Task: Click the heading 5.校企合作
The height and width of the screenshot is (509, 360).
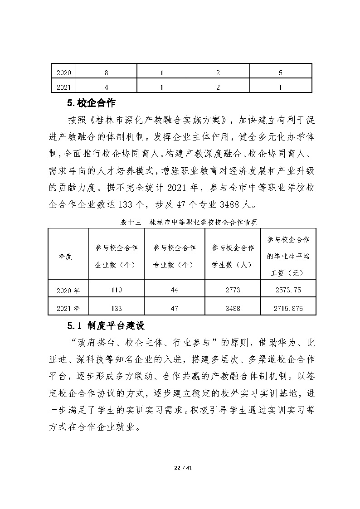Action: [94, 103]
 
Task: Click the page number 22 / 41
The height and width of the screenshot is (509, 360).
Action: [180, 466]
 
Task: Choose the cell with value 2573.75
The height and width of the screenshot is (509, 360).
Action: [288, 290]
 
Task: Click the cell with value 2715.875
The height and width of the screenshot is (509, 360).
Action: [288, 308]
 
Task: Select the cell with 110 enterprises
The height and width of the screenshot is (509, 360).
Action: [116, 290]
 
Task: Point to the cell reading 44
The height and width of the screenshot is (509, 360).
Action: [174, 290]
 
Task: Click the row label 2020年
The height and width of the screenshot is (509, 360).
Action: [68, 291]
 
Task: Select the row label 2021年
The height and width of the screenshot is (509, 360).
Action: [68, 308]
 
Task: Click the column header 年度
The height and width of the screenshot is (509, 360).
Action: [65, 256]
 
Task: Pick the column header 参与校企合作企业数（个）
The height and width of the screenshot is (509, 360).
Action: [116, 256]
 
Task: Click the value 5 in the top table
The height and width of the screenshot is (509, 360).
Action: [281, 73]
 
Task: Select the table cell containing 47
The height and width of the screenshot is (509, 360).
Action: [174, 308]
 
